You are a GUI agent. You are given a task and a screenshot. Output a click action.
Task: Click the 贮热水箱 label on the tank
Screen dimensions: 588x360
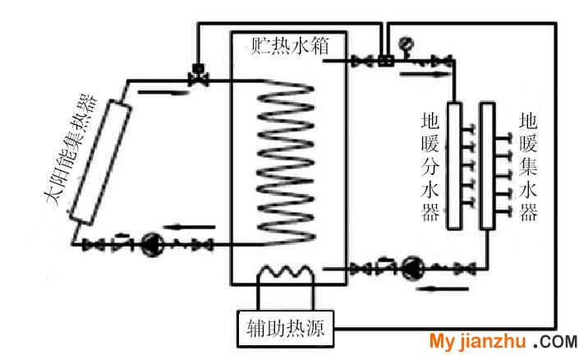290,46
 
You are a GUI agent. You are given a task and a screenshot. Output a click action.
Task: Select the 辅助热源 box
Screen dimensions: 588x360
286,329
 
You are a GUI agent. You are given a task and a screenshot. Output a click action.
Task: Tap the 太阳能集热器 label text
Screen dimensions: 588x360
71,150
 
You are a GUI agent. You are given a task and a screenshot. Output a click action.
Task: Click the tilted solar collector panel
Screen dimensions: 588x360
100,162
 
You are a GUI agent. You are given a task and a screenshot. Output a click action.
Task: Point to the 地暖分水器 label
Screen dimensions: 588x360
430,167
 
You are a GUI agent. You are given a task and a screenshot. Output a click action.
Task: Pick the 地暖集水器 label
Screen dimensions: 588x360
528,167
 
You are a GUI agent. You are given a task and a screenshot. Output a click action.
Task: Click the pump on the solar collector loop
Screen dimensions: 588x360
151,245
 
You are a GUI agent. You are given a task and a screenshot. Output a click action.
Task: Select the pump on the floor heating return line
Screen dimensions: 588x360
413,268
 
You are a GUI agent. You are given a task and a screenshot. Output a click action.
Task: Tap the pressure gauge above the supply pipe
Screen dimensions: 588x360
406,44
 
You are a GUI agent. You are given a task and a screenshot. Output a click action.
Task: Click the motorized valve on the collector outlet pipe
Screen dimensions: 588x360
198,75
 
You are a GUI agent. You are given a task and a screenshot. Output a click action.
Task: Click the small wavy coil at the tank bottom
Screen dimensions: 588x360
286,271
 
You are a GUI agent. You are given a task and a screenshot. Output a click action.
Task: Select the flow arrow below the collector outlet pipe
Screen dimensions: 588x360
163,92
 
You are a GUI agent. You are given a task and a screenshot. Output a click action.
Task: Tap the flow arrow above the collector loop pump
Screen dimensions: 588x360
190,227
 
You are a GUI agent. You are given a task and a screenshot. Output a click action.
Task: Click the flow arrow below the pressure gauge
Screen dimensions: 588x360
425,74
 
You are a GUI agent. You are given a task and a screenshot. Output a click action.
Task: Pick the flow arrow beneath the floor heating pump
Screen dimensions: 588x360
442,288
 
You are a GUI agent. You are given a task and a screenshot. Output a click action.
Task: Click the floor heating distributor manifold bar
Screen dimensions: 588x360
454,165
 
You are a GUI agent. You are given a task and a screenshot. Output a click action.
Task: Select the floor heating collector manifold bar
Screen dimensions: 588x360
487,165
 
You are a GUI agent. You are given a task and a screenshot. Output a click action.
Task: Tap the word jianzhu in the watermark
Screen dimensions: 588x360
493,341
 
